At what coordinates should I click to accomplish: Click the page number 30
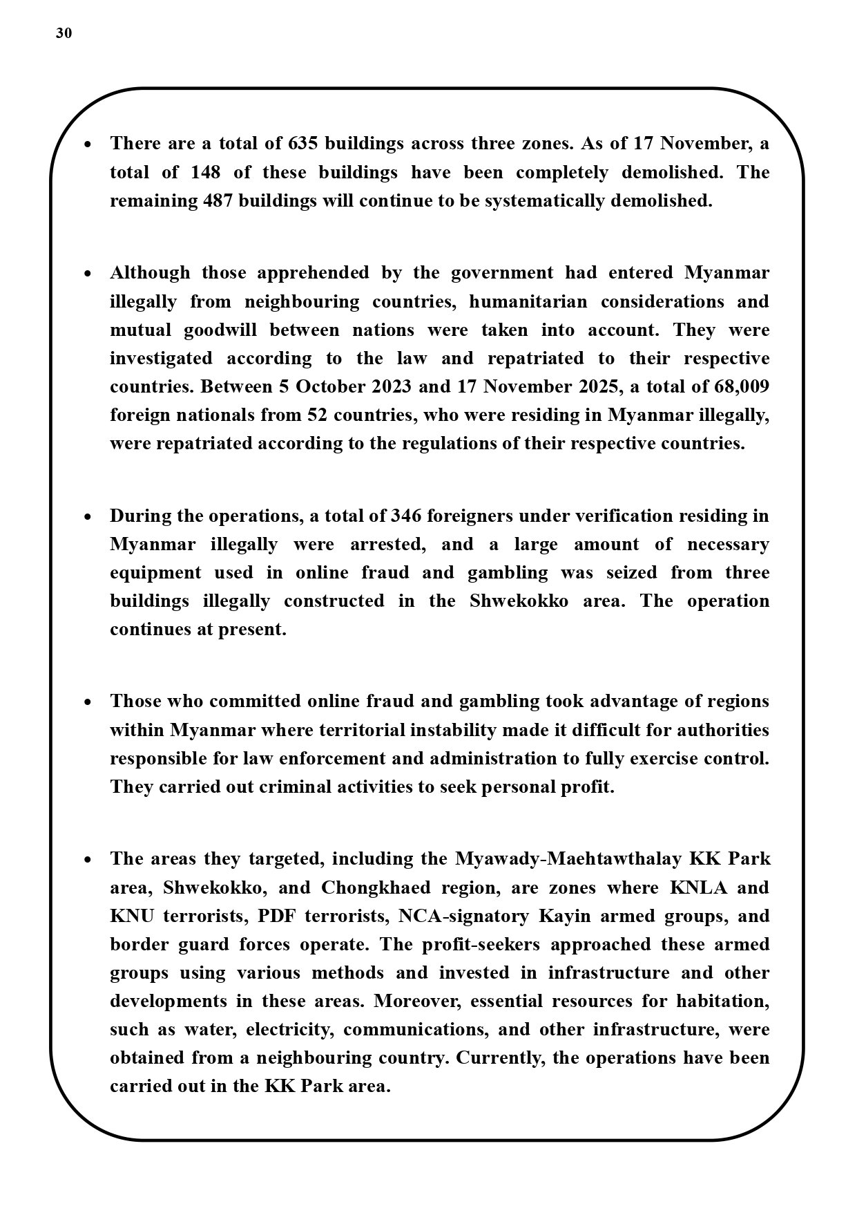(x=64, y=33)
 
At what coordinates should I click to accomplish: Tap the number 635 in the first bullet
(x=302, y=143)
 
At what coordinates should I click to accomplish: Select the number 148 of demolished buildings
(x=205, y=172)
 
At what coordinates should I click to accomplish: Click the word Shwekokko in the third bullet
(x=519, y=601)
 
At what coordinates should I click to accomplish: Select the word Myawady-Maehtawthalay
(x=568, y=858)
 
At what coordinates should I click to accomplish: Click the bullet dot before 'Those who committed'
(x=88, y=702)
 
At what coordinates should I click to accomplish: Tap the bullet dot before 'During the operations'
(x=88, y=517)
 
